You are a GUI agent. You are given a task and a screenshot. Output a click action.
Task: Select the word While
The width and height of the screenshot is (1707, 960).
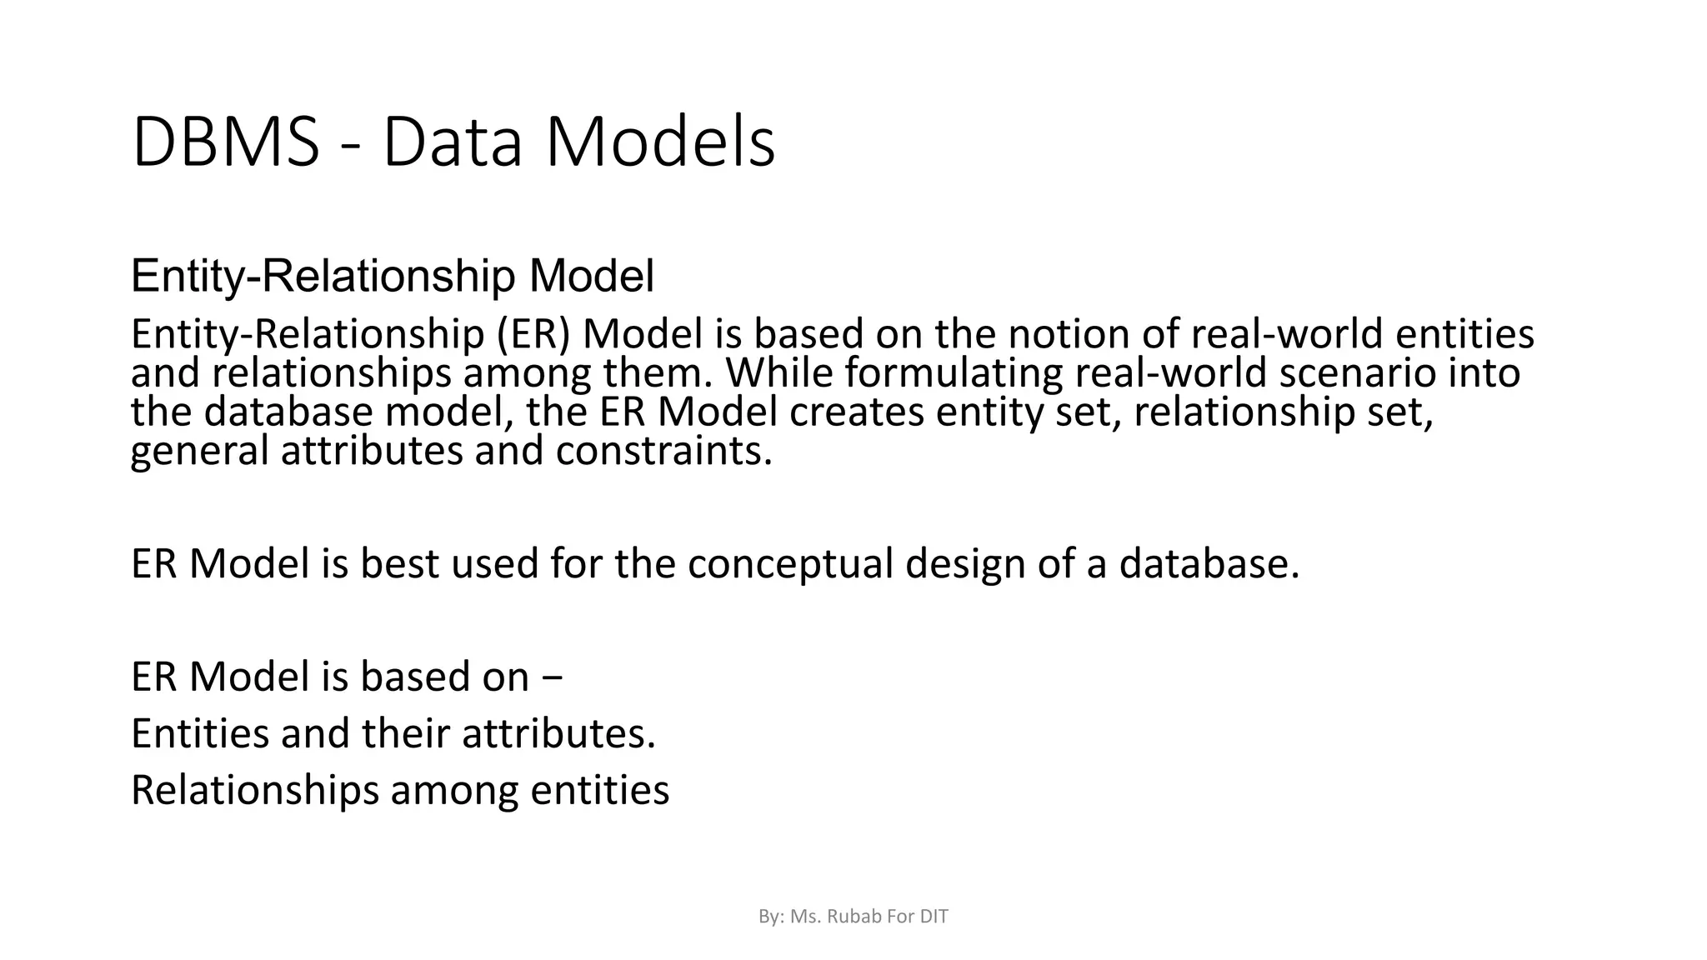tap(779, 372)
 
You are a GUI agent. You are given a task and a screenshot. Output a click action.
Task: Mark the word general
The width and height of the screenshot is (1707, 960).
tap(199, 452)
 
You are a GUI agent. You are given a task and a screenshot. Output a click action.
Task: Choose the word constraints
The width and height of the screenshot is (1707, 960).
tap(663, 451)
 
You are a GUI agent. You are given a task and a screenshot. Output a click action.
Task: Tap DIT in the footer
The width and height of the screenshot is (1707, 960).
tap(934, 917)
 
